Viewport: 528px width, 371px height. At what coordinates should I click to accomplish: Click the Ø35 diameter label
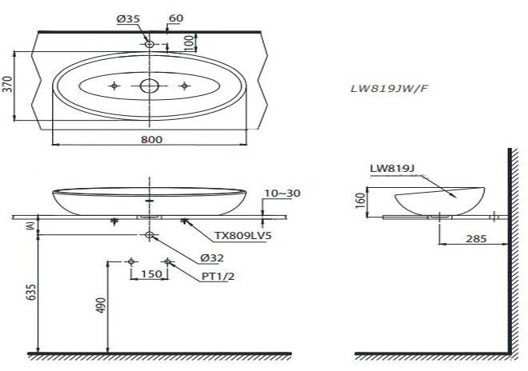128,19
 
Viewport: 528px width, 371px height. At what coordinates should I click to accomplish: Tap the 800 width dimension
151,139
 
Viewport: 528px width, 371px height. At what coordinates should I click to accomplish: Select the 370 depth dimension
7,84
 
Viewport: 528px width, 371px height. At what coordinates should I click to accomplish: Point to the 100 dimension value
190,42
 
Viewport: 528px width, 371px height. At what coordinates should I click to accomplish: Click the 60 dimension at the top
176,18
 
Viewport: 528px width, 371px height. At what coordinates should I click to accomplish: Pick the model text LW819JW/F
390,89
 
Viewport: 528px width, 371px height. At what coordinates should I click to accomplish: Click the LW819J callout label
392,169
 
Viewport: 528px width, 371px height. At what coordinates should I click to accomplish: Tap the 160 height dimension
360,201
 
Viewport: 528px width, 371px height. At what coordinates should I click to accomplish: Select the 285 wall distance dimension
476,239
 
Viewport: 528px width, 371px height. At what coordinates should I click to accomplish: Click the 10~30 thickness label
282,193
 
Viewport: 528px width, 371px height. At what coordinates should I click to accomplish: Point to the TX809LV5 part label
243,236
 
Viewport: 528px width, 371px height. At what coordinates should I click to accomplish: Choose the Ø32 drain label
212,258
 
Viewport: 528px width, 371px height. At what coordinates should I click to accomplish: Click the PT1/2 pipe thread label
218,277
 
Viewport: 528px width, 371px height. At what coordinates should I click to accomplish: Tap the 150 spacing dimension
151,274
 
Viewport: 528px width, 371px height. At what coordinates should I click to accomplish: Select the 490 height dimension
101,305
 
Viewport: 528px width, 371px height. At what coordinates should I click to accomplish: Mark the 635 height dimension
30,293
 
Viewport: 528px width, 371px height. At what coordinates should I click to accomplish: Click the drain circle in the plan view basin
149,86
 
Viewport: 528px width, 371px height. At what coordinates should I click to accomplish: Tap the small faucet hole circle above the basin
150,44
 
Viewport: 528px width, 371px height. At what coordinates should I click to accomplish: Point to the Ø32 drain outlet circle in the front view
149,234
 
